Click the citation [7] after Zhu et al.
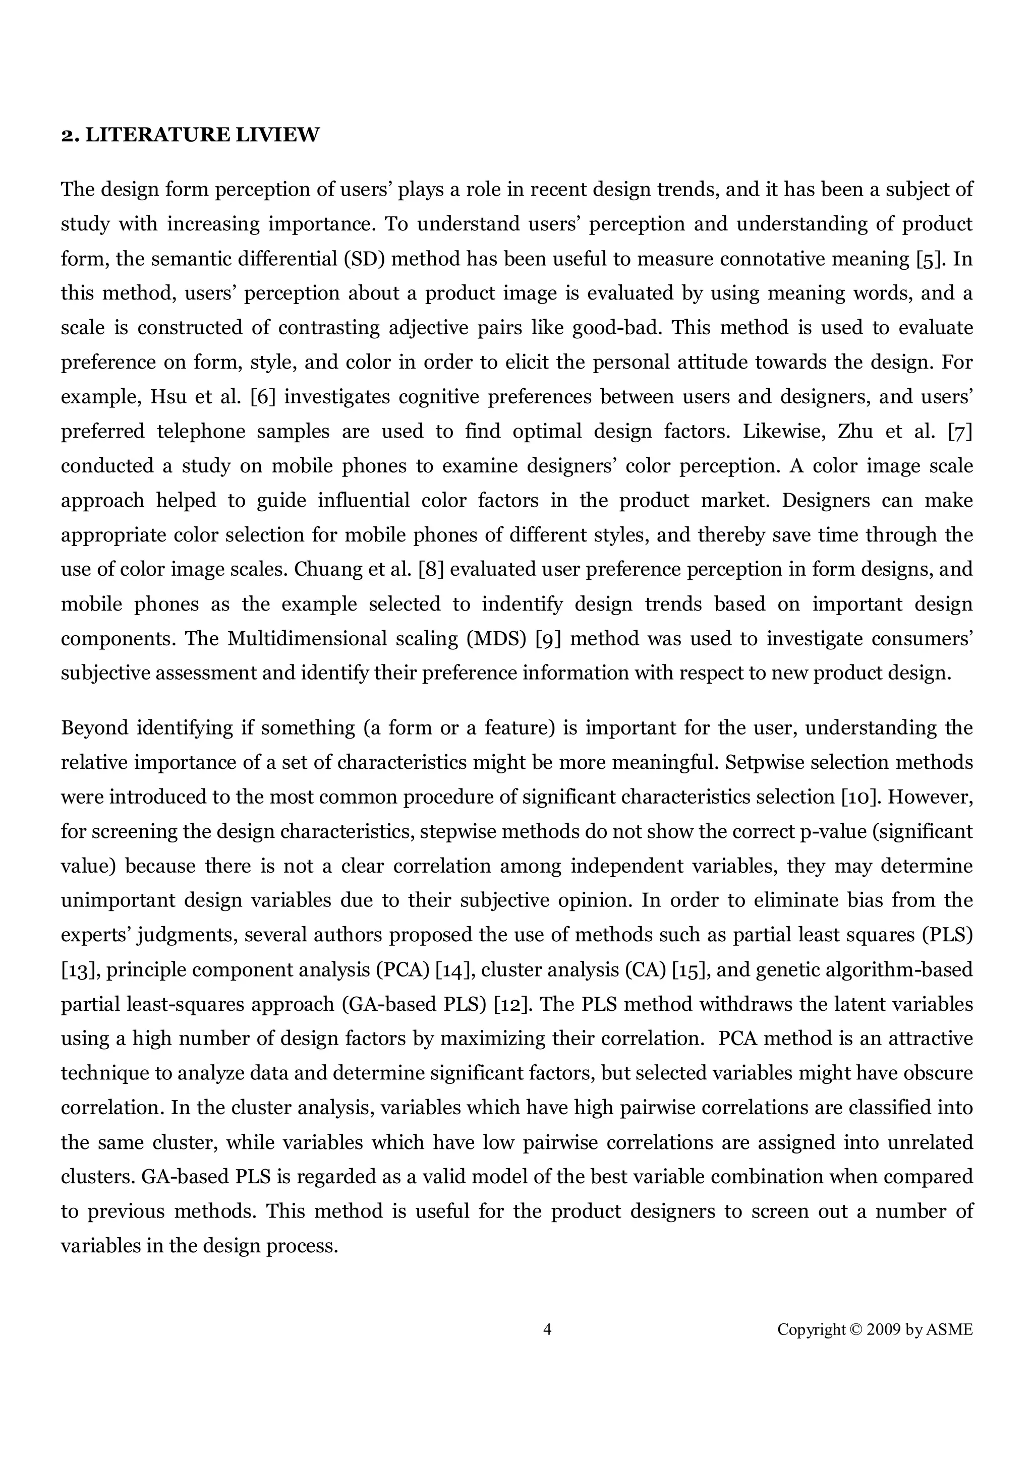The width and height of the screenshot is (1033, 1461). (960, 432)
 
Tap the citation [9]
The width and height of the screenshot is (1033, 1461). (548, 638)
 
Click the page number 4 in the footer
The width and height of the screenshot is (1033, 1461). (547, 1329)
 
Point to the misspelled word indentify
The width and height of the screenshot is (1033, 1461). (522, 604)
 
